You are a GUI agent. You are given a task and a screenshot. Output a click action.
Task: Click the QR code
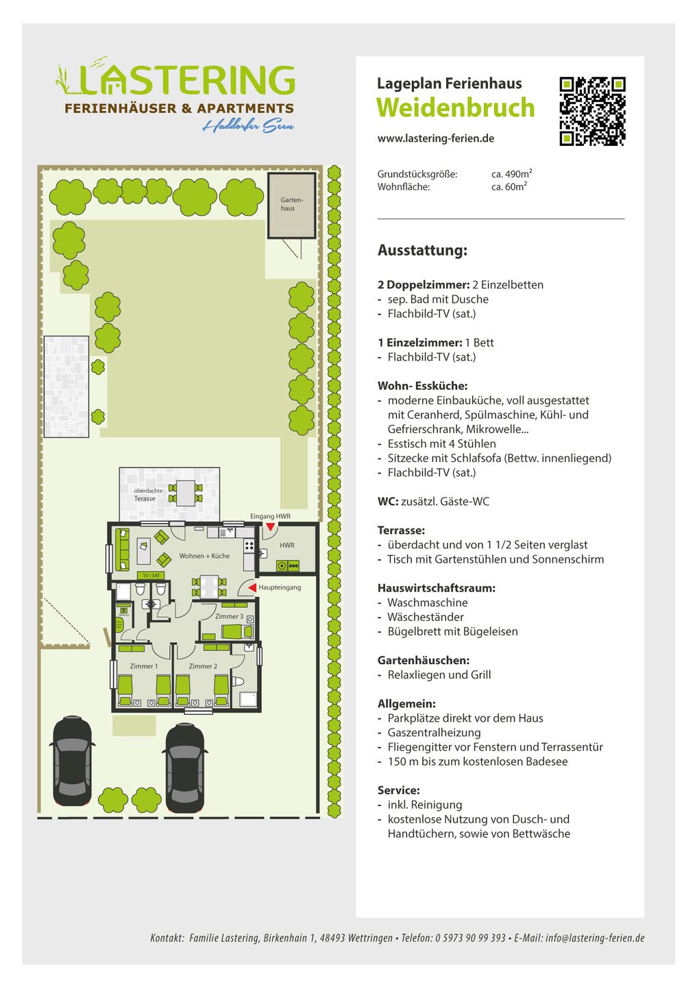[592, 111]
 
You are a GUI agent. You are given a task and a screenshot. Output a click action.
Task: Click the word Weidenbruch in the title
[455, 108]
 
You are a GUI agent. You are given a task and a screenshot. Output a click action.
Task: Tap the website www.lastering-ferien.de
[435, 138]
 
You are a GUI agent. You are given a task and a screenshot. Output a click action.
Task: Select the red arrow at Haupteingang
[252, 587]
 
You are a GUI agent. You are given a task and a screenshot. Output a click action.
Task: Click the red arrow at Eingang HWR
[271, 526]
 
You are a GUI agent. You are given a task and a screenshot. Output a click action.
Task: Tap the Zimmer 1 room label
[144, 666]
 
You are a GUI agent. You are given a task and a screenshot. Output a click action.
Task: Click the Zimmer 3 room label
[229, 616]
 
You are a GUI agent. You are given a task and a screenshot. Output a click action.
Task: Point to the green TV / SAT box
[151, 575]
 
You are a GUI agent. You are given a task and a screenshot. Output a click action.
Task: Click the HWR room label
[287, 546]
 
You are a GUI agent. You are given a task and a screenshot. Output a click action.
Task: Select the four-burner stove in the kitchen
[249, 546]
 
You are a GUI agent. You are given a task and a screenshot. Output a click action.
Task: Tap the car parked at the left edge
[72, 761]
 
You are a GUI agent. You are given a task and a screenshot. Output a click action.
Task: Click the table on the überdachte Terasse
[186, 493]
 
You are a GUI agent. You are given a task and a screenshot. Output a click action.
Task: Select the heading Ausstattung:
[422, 250]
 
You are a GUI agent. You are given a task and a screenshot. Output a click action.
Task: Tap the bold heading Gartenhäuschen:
[423, 660]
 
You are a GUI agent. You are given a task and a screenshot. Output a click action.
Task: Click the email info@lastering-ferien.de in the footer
[595, 938]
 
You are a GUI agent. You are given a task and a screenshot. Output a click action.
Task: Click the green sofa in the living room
[124, 548]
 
